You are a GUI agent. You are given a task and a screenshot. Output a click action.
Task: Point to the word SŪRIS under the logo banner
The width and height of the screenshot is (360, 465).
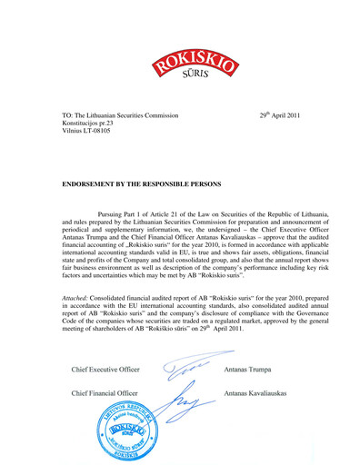click(x=182, y=78)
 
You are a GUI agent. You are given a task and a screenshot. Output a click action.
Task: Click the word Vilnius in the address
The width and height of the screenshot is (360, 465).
click(x=75, y=137)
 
